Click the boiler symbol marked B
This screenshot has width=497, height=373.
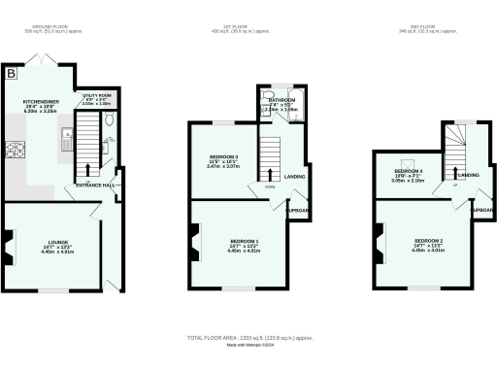(x=11, y=74)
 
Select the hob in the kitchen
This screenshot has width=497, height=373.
(x=17, y=150)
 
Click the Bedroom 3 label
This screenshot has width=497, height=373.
(x=223, y=157)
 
